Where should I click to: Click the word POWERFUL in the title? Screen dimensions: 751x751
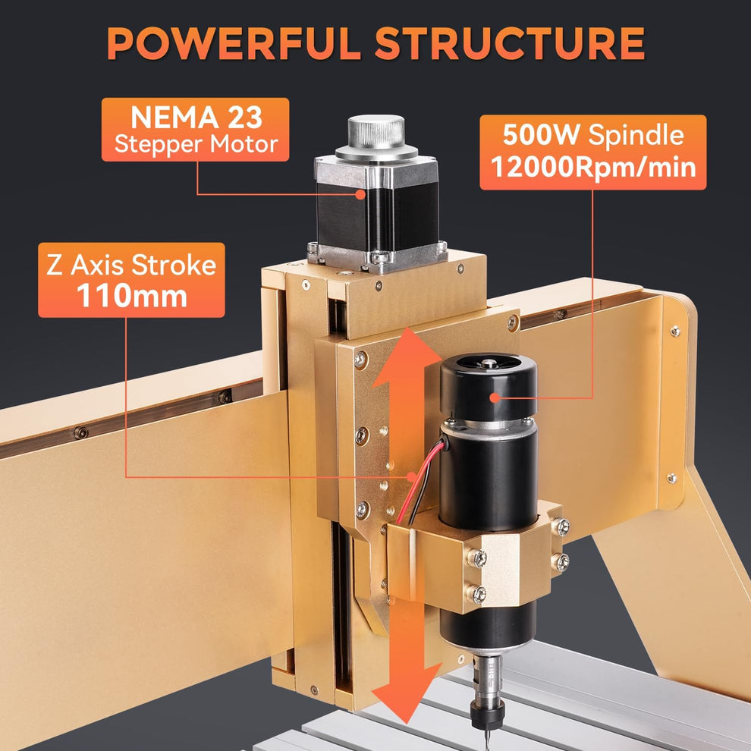click(x=235, y=44)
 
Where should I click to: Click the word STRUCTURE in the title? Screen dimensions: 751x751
click(x=509, y=44)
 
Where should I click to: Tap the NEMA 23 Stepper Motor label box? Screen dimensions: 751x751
click(x=195, y=130)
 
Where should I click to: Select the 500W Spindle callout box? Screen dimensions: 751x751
click(x=592, y=152)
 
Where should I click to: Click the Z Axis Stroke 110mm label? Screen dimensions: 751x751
click(x=131, y=280)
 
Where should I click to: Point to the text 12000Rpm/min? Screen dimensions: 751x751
click(x=592, y=166)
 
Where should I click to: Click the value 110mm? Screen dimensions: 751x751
click(x=131, y=295)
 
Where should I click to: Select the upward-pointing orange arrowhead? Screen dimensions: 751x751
click(x=407, y=351)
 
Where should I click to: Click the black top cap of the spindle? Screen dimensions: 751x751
click(x=489, y=387)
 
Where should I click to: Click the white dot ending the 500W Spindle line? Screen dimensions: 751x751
click(x=495, y=397)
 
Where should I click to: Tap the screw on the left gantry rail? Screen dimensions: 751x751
click(x=80, y=433)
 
